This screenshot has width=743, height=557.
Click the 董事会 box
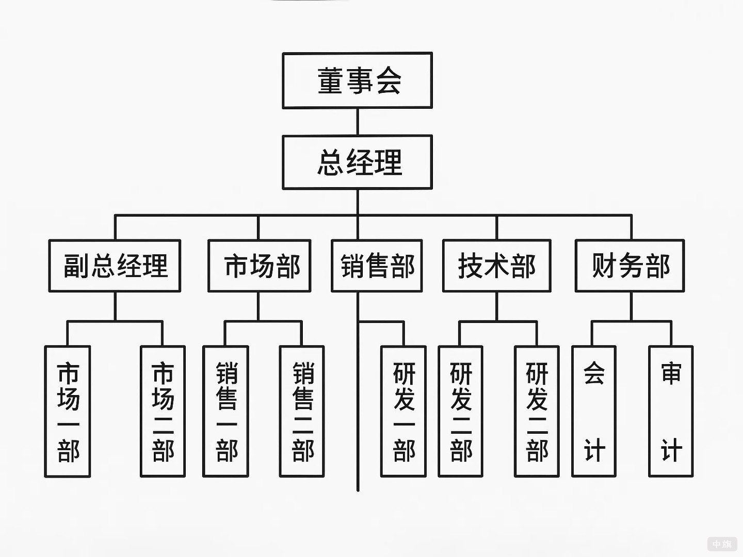click(x=357, y=80)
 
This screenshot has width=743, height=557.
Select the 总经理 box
click(x=357, y=162)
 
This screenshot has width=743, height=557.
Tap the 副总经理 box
click(x=115, y=266)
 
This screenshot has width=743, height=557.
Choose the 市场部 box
click(x=259, y=266)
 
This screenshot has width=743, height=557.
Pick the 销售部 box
click(x=377, y=266)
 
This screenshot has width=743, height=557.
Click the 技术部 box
click(x=496, y=266)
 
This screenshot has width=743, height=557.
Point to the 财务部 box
click(x=629, y=266)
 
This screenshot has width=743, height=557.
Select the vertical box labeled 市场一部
click(x=68, y=412)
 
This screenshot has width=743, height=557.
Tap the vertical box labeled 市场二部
click(x=163, y=412)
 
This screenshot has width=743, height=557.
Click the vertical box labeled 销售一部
click(x=226, y=412)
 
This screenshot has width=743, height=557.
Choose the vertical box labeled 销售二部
click(x=302, y=412)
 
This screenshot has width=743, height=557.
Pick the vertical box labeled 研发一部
click(x=403, y=412)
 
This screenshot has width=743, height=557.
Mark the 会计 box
click(x=594, y=412)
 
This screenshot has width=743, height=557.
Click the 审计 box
click(x=671, y=412)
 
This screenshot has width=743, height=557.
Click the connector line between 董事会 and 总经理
click(x=358, y=122)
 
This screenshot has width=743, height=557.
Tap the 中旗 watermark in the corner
click(x=721, y=544)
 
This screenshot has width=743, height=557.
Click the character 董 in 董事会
click(x=331, y=81)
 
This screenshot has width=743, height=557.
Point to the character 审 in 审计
click(x=671, y=373)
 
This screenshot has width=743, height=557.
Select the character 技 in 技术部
click(x=470, y=266)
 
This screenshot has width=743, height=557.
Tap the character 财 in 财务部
click(x=604, y=266)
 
